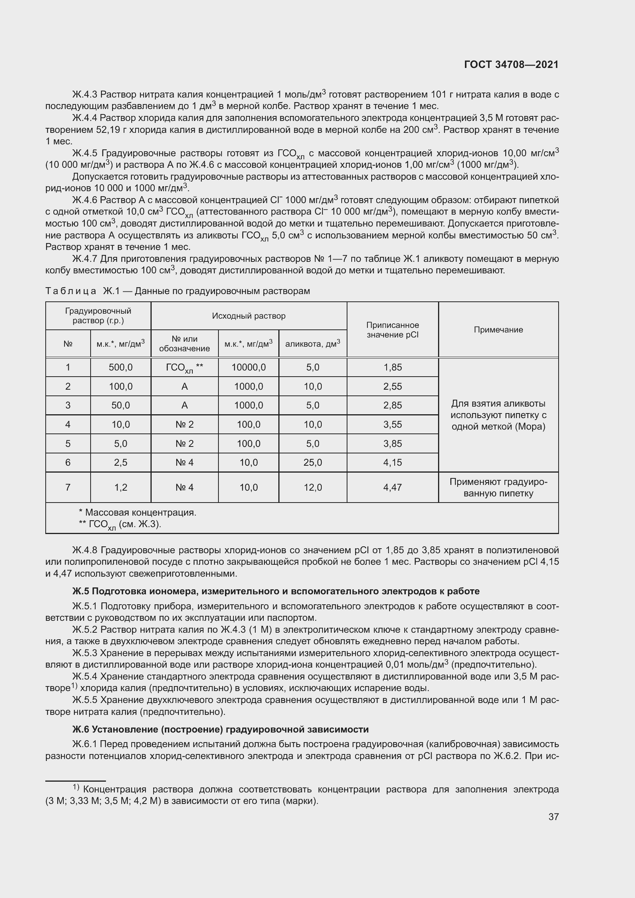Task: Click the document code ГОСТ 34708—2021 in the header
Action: pyautogui.click(x=511, y=64)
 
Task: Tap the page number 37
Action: pyautogui.click(x=553, y=816)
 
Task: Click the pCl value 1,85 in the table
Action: pyautogui.click(x=392, y=367)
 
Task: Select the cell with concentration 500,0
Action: pyautogui.click(x=121, y=367)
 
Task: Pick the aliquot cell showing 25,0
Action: pyautogui.click(x=313, y=462)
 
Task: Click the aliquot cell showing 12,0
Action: pyautogui.click(x=313, y=487)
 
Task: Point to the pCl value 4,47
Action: pyautogui.click(x=392, y=487)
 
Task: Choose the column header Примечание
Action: pyautogui.click(x=498, y=330)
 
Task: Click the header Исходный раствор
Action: pyautogui.click(x=249, y=316)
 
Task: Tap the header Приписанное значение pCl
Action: pyautogui.click(x=392, y=330)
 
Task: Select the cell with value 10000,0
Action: pyautogui.click(x=249, y=367)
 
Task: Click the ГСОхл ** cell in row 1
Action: pyautogui.click(x=184, y=368)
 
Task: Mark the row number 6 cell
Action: pyautogui.click(x=68, y=462)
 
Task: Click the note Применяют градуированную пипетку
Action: pyautogui.click(x=498, y=487)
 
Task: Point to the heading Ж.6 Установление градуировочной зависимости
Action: pyautogui.click(x=220, y=729)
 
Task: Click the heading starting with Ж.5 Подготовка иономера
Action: pyautogui.click(x=276, y=591)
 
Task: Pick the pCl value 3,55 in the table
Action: pyautogui.click(x=392, y=424)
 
